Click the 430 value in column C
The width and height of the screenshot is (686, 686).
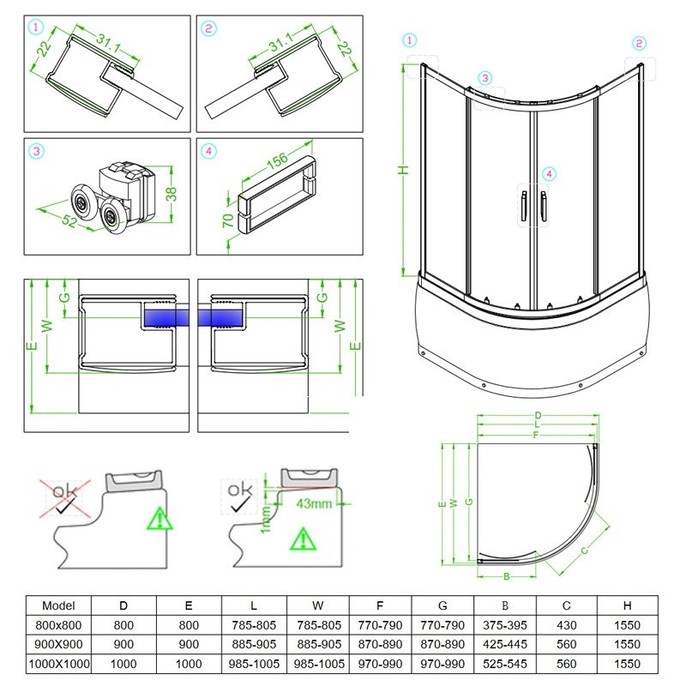(x=566, y=624)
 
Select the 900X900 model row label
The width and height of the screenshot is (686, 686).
(x=58, y=643)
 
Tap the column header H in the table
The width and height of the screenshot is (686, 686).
(x=628, y=605)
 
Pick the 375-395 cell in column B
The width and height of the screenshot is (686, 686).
(x=505, y=624)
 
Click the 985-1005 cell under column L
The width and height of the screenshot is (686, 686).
(x=253, y=663)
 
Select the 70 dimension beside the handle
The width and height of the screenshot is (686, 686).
(x=228, y=221)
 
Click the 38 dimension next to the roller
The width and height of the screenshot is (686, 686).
(x=171, y=194)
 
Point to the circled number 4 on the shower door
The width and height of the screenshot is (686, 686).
(x=550, y=174)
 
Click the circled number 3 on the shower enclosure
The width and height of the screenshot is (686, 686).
(x=485, y=78)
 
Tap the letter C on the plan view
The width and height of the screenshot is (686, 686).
(x=585, y=549)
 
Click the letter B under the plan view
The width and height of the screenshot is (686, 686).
(x=507, y=575)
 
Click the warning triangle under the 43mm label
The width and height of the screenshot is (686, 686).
(x=303, y=539)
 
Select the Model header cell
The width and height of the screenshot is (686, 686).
(x=58, y=605)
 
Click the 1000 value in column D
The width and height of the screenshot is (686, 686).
(x=123, y=663)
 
